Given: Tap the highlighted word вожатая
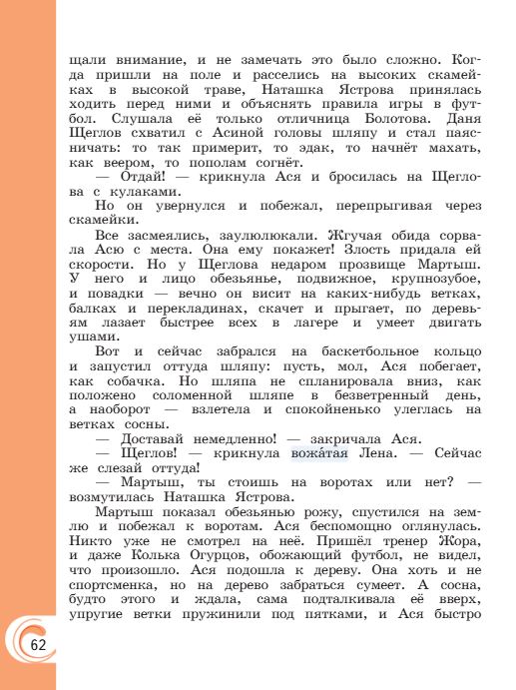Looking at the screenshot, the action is coord(319,454).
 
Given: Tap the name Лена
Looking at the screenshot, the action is coord(377,454).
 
